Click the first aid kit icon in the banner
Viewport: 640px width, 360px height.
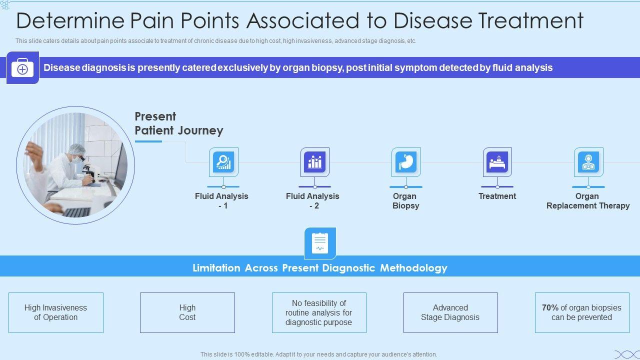pos(22,68)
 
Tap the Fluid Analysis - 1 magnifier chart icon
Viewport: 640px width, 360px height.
pos(223,162)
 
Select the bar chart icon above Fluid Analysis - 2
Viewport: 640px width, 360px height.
pos(314,162)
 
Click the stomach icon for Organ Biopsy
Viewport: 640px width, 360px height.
pos(406,162)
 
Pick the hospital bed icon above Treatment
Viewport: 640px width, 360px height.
pos(497,162)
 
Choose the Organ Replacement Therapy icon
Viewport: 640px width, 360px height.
pos(588,162)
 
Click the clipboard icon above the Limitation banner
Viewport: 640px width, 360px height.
pos(320,243)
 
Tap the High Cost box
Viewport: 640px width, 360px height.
pos(187,312)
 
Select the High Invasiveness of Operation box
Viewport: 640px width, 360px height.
pos(56,312)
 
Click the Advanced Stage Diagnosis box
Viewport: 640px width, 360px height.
pos(450,312)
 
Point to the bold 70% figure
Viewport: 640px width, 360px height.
pos(550,307)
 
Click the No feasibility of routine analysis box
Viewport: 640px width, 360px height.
pos(319,312)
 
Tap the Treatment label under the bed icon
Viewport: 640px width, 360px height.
pos(497,196)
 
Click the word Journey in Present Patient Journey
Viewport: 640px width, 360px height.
pos(200,131)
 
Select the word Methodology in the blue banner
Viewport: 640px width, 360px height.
pos(413,268)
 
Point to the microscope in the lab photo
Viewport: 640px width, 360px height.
pos(89,173)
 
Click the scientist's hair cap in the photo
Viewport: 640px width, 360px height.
pos(76,149)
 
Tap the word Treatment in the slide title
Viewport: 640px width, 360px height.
pos(531,21)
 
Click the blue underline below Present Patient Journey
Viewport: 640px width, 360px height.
pos(148,141)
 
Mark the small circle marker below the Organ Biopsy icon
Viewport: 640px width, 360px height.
pos(406,187)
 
